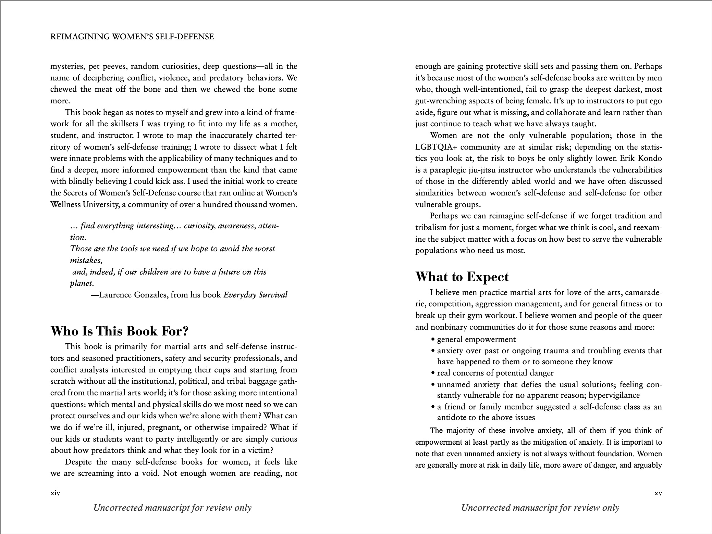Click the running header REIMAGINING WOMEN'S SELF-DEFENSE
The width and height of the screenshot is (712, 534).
[132, 37]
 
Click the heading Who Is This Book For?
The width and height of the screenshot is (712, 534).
[120, 331]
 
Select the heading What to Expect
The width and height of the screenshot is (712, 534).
[462, 277]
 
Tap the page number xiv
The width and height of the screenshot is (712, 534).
[55, 493]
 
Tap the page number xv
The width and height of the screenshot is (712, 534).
[658, 493]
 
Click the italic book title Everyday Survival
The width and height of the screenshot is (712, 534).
[255, 295]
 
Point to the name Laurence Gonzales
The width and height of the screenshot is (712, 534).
[133, 295]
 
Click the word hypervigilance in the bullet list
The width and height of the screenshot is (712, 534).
[614, 395]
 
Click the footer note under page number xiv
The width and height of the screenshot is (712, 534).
[172, 508]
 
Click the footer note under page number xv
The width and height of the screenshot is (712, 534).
[540, 508]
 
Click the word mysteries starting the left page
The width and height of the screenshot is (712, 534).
[67, 66]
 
